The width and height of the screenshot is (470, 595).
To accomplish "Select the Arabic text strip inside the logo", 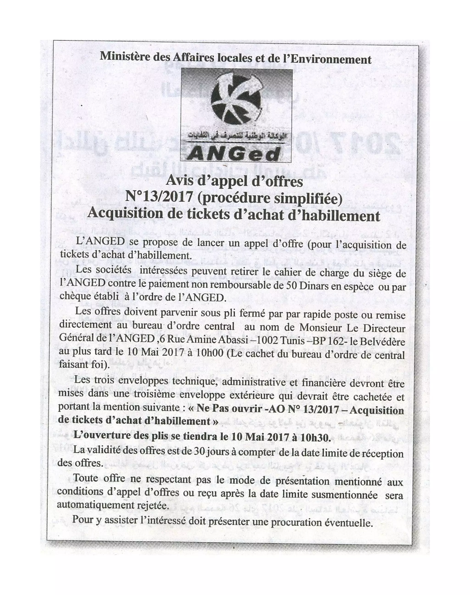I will click(236, 141).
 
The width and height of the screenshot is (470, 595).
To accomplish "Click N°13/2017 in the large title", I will click(159, 197).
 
